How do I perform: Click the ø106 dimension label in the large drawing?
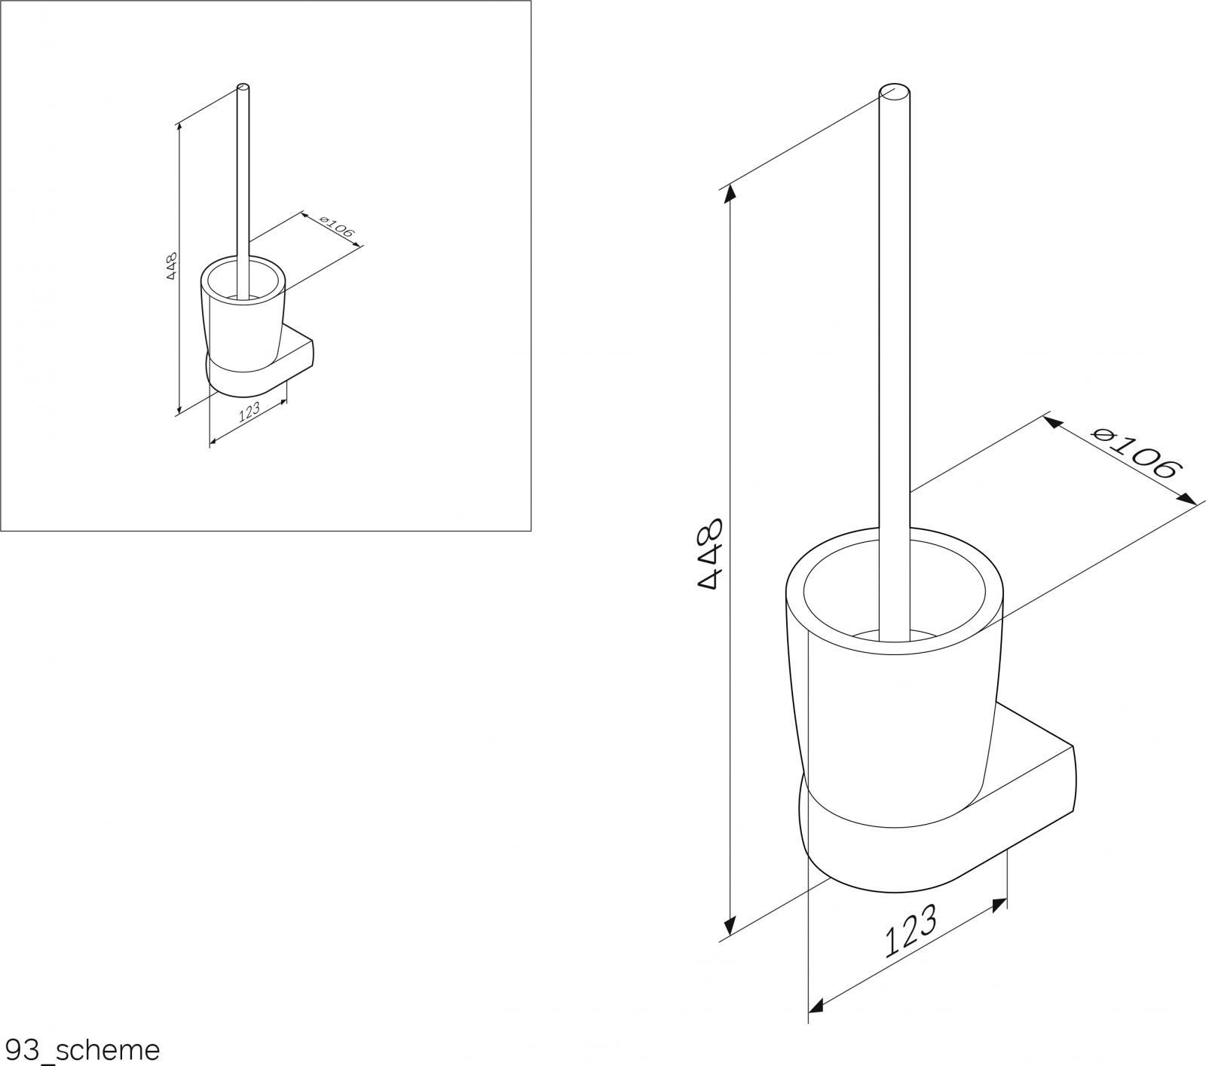coord(1135,454)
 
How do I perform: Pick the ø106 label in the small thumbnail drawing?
coord(336,228)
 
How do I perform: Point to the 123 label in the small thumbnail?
coord(249,412)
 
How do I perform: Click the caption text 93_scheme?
coord(81,1049)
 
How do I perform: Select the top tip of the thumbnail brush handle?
coord(243,86)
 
